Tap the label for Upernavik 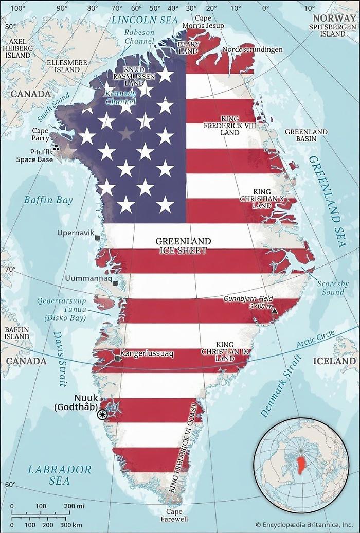coord(76,233)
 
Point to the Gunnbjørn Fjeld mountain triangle coord(275,311)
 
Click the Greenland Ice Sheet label coord(183,246)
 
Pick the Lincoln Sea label coord(145,20)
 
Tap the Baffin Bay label coord(48,200)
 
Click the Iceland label coord(335,361)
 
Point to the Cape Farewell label coord(174,515)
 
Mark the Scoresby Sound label coord(333,288)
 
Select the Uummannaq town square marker coord(116,283)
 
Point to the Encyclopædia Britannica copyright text coord(303,525)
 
